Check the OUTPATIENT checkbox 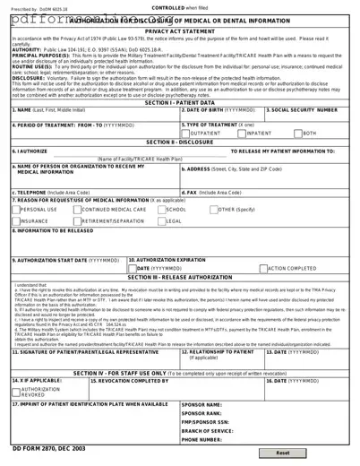coord(184,133)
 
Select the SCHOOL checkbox coord(161,209)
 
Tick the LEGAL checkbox coord(161,220)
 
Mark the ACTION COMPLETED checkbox coord(264,268)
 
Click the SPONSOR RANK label coord(203,413)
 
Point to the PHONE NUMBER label coord(204,440)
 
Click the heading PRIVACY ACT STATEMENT coord(180,30)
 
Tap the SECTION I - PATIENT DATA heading coord(179,103)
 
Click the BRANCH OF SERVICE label coord(209,431)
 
